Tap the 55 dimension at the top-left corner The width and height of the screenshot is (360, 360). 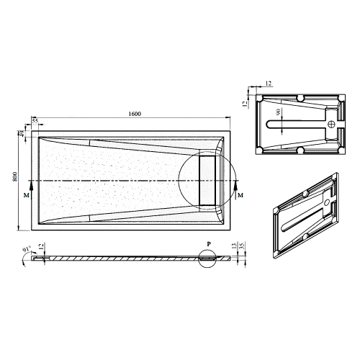[x=35, y=119]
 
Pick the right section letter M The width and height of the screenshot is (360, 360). [x=240, y=195]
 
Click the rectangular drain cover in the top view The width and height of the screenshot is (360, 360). [x=208, y=179]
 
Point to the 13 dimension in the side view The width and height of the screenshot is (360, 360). [x=235, y=246]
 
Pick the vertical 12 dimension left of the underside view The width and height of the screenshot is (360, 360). [x=246, y=103]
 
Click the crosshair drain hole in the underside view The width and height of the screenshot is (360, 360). [x=332, y=124]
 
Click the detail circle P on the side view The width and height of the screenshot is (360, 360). [x=207, y=256]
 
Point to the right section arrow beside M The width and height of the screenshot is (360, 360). [x=235, y=186]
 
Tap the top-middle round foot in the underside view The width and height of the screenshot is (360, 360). [x=300, y=97]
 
